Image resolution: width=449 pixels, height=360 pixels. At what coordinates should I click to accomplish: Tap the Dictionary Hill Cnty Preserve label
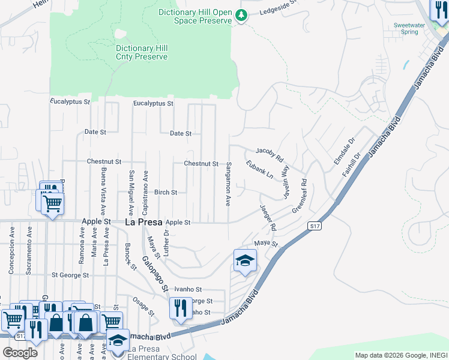(x=142, y=52)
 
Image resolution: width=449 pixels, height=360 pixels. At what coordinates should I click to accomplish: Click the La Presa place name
(x=143, y=221)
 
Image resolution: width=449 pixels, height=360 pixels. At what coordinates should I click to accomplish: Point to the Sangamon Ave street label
(x=228, y=184)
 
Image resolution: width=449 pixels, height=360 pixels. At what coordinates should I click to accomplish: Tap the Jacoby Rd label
(x=269, y=155)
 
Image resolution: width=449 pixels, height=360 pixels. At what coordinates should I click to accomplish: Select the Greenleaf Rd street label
(x=300, y=196)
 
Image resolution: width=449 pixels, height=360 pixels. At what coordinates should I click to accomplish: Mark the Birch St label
(x=166, y=193)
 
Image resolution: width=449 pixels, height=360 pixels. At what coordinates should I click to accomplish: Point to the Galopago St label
(x=155, y=274)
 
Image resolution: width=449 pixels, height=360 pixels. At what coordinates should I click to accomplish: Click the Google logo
(x=20, y=353)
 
